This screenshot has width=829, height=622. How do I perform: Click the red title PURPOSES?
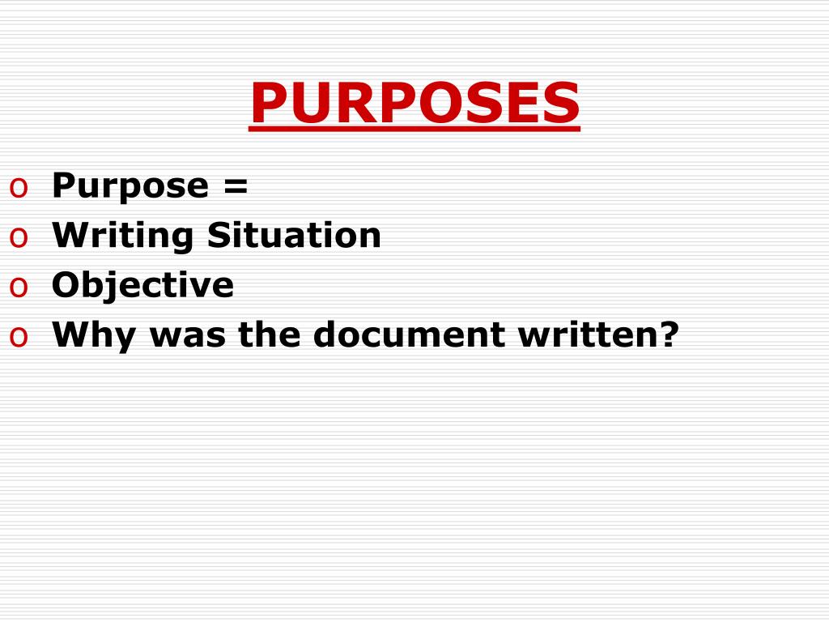click(x=414, y=104)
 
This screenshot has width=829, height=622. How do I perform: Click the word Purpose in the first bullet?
click(x=130, y=186)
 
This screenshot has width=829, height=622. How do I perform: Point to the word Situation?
click(x=294, y=236)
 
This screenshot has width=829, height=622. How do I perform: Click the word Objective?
click(x=142, y=285)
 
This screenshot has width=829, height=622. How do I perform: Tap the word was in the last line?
click(x=180, y=335)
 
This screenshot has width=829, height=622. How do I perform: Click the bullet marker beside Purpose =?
click(x=19, y=189)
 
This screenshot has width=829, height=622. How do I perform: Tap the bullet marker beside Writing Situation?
click(x=19, y=238)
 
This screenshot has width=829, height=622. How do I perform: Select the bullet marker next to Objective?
click(x=19, y=288)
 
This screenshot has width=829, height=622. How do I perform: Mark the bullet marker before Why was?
click(x=19, y=338)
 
